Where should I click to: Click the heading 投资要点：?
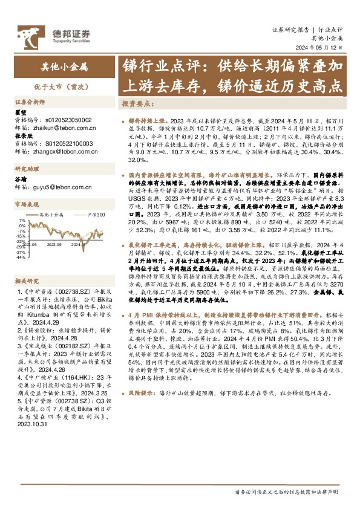click(136, 103)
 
